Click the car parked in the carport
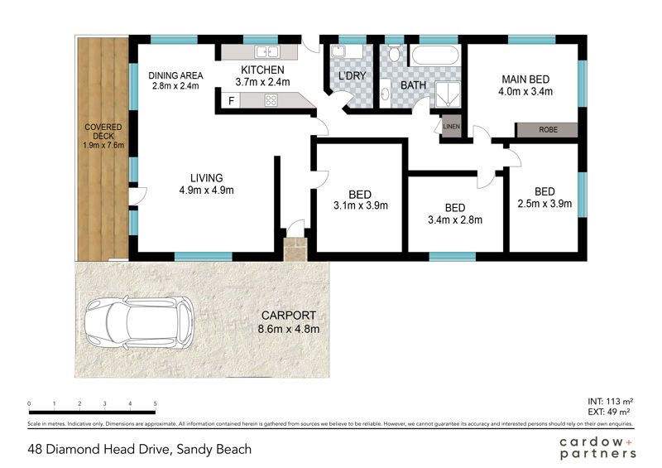139,323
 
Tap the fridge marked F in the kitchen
231,100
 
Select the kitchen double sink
266,51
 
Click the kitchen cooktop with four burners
271,100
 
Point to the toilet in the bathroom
395,53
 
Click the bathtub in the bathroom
435,55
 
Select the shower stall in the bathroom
449,94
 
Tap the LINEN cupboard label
451,127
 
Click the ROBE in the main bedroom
548,130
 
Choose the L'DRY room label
353,76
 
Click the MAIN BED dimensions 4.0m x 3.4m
525,91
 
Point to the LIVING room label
206,178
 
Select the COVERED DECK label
103,132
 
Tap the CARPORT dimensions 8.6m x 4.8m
288,329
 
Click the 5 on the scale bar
156,403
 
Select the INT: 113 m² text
610,402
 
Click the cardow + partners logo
597,448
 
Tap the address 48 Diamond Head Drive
99,449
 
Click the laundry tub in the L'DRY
338,51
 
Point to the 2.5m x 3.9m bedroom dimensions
544,204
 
